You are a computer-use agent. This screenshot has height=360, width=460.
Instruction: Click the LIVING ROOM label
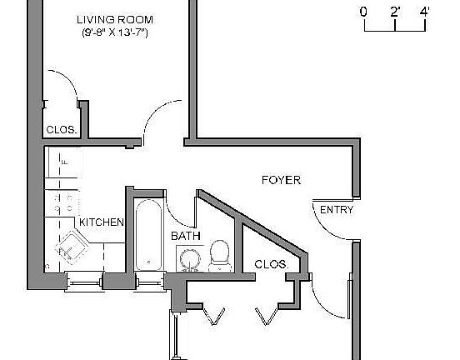tap(116, 19)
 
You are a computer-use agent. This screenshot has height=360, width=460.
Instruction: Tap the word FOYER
tap(281, 180)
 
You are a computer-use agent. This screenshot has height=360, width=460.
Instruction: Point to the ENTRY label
tap(336, 210)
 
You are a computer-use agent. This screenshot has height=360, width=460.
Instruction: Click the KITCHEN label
tap(102, 222)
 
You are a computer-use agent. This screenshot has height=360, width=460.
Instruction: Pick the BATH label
tap(186, 236)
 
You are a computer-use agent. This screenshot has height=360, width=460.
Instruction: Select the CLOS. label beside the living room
tap(62, 130)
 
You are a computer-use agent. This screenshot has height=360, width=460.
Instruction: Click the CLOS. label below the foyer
tap(272, 264)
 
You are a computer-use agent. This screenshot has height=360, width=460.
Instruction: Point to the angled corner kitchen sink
tap(72, 247)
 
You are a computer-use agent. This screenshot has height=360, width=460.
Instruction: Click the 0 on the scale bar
tap(363, 12)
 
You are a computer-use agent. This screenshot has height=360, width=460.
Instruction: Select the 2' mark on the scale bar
tap(395, 12)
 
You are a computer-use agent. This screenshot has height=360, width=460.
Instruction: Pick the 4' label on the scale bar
tap(424, 12)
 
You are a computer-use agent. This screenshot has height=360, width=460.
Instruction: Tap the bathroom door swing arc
tap(172, 208)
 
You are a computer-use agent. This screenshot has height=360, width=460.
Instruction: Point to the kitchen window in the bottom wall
tap(83, 282)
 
